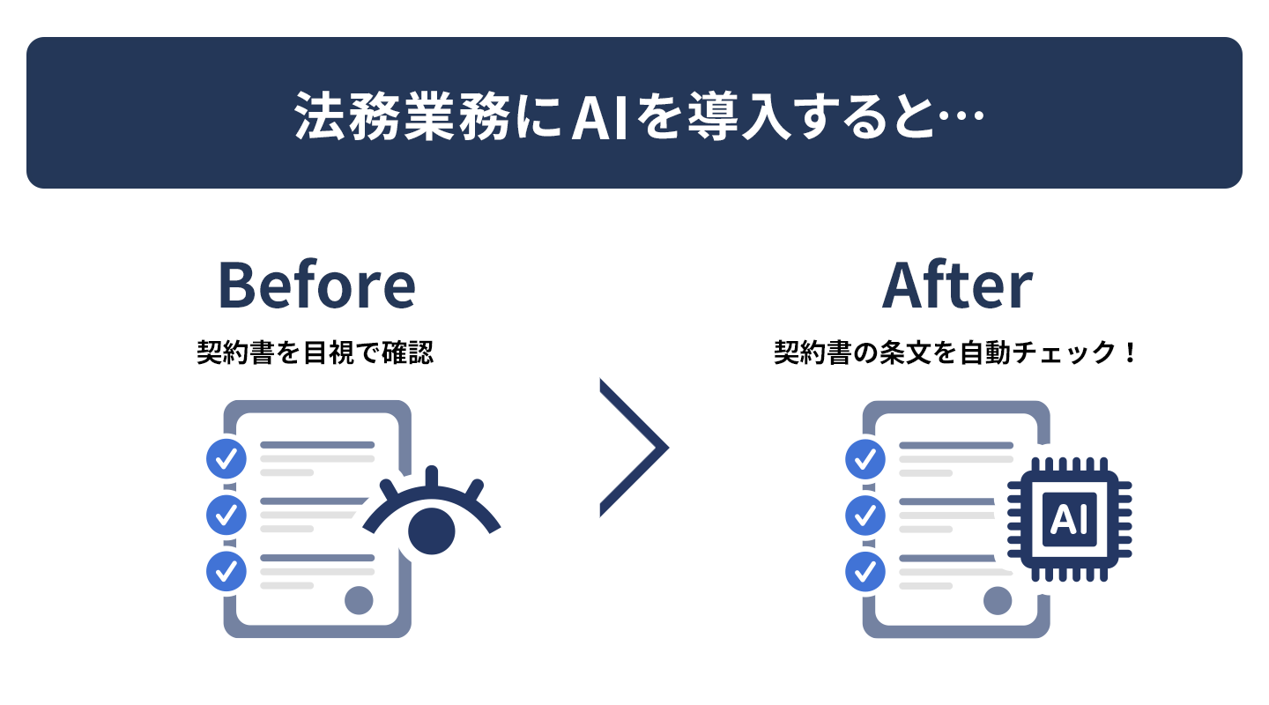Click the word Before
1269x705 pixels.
[x=316, y=285]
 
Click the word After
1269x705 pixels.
[x=957, y=285]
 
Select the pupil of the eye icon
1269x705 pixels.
[x=432, y=531]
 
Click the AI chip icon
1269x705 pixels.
[x=1069, y=519]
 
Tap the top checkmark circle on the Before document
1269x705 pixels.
[x=226, y=458]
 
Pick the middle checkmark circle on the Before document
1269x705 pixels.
[x=226, y=515]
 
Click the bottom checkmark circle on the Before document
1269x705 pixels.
[x=226, y=571]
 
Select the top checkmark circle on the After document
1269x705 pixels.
[x=865, y=459]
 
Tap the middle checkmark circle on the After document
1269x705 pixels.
[x=865, y=516]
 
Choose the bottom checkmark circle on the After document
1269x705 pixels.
[x=865, y=571]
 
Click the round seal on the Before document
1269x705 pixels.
[x=359, y=600]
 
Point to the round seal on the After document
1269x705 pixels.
[x=998, y=601]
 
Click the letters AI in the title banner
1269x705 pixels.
[x=599, y=116]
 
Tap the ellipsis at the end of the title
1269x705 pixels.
[x=961, y=115]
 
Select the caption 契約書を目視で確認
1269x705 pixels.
[x=315, y=352]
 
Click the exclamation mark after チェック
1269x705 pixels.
[x=1130, y=352]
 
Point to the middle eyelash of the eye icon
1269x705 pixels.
[x=432, y=477]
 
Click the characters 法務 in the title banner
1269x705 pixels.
[x=346, y=115]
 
